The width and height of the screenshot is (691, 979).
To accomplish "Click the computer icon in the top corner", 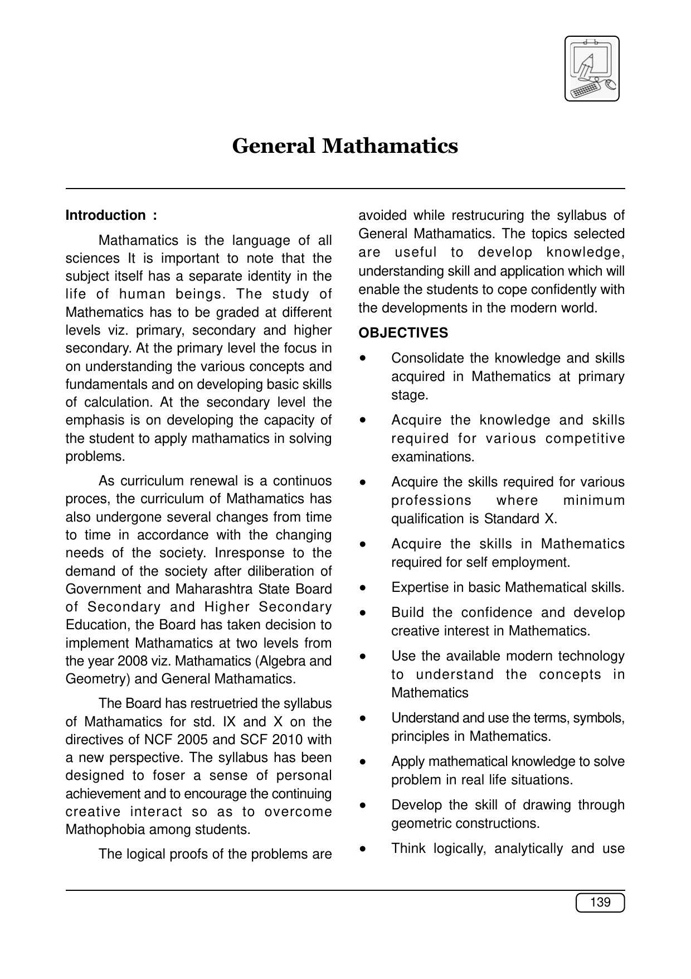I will [592, 69].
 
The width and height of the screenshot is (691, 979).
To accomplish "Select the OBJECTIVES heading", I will [403, 333].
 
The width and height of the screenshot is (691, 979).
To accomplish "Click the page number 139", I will [600, 902].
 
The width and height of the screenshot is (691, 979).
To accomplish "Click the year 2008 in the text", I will [133, 661].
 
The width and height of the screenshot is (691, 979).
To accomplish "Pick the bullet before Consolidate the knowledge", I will [363, 358].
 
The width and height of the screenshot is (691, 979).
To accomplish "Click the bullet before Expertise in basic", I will [363, 587].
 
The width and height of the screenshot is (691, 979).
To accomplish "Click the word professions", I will [431, 500].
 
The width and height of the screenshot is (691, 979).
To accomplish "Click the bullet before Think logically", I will [363, 848].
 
